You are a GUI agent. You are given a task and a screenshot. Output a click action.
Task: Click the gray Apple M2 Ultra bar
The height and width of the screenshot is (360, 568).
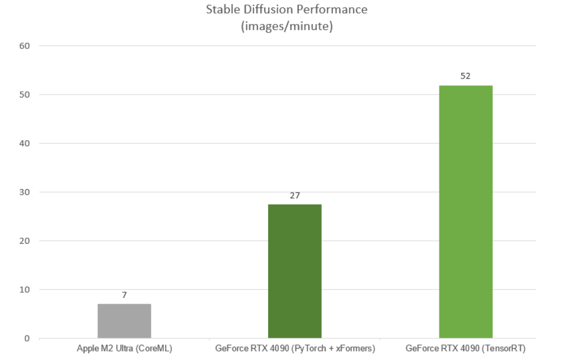pyautogui.click(x=124, y=321)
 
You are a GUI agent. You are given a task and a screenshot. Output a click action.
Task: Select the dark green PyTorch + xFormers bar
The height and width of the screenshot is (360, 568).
pyautogui.click(x=295, y=271)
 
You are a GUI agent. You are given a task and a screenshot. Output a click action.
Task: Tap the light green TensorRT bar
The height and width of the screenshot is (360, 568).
pyautogui.click(x=466, y=211)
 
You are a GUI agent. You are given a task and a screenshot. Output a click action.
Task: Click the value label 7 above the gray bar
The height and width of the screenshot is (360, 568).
pyautogui.click(x=124, y=295)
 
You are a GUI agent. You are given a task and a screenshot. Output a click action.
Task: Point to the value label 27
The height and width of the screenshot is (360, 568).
pyautogui.click(x=295, y=195)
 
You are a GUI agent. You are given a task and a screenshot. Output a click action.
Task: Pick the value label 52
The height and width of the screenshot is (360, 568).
pyautogui.click(x=466, y=76)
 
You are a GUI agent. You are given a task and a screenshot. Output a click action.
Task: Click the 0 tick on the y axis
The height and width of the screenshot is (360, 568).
pyautogui.click(x=27, y=338)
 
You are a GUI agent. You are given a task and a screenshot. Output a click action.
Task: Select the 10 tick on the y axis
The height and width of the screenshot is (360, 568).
pyautogui.click(x=24, y=290)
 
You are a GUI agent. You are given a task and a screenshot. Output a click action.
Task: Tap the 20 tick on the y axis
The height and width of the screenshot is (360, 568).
pyautogui.click(x=24, y=241)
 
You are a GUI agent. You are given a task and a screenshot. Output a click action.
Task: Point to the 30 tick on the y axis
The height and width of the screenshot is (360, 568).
pyautogui.click(x=24, y=192)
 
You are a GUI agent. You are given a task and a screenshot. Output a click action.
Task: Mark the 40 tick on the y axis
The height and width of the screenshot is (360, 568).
pyautogui.click(x=24, y=144)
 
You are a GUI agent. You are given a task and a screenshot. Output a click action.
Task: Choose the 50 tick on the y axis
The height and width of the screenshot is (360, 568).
pyautogui.click(x=24, y=95)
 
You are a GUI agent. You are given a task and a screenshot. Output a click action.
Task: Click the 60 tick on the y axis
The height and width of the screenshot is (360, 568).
pyautogui.click(x=24, y=46)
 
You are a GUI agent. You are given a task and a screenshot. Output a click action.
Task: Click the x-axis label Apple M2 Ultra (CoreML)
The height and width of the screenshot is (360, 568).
pyautogui.click(x=124, y=347)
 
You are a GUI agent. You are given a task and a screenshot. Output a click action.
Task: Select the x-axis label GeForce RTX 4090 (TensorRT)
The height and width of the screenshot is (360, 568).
pyautogui.click(x=466, y=347)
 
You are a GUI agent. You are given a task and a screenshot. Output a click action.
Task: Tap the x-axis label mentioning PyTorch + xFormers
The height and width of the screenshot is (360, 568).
pyautogui.click(x=295, y=347)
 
